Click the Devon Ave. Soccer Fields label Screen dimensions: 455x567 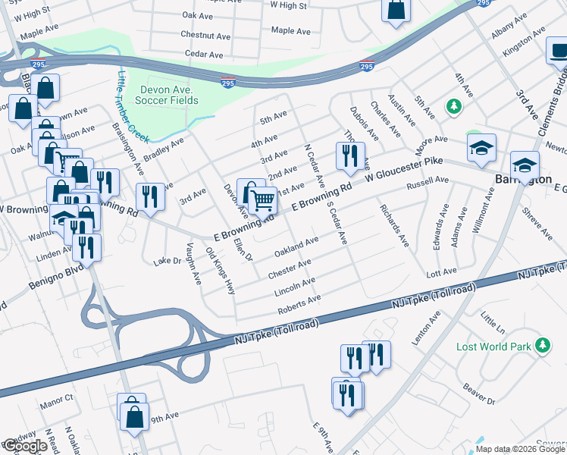click(x=168, y=95)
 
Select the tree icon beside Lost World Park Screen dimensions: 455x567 click(x=542, y=346)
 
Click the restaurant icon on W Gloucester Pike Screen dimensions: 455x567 click(x=349, y=155)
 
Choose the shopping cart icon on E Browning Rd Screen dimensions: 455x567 click(x=262, y=200)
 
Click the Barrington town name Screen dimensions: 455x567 click(x=522, y=180)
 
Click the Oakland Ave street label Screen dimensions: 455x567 click(x=296, y=246)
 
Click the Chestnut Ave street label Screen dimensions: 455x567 click(x=205, y=36)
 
